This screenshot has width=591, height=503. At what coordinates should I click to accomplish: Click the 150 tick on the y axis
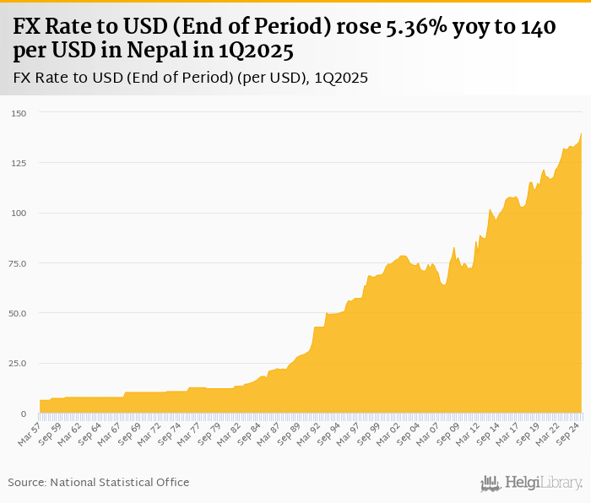pos(19,113)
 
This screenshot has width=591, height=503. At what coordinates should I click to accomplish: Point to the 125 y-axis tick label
pos(19,163)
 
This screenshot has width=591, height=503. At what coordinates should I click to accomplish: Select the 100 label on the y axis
pos(19,213)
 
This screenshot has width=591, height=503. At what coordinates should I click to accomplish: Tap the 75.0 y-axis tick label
pos(18,263)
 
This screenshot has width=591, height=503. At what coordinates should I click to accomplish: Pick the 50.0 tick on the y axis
pos(18,313)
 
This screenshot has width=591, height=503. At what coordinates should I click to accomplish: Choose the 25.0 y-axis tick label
pos(18,363)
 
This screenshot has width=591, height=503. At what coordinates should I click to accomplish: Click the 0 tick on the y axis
pos(24,414)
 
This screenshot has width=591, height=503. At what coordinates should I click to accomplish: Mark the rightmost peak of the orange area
pos(582,133)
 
